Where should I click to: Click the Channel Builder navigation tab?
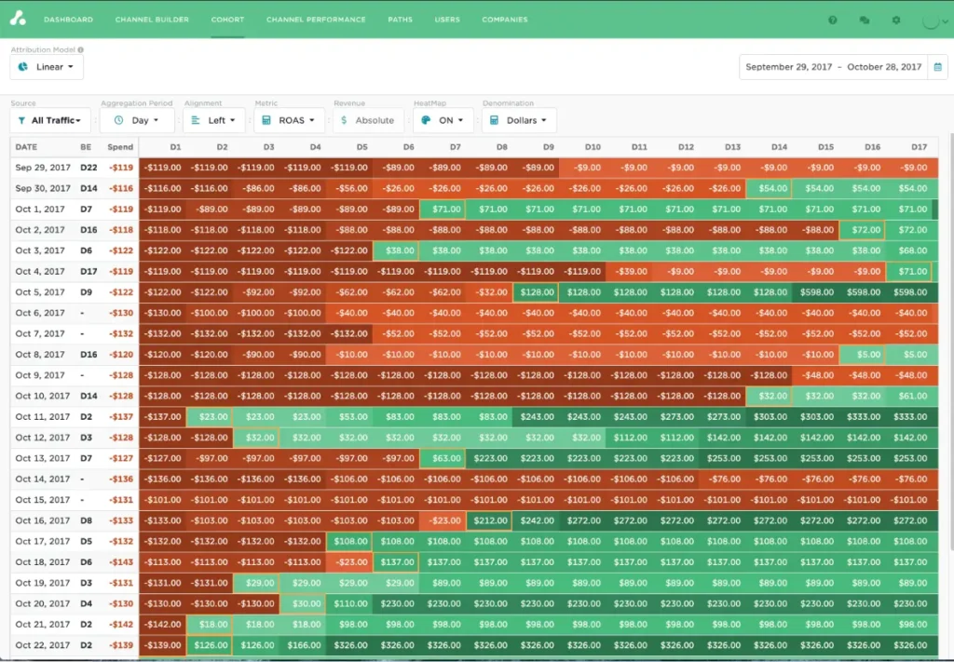pos(152,20)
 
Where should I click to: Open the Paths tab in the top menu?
pos(400,20)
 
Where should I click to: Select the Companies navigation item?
pos(505,20)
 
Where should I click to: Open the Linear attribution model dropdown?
pos(47,67)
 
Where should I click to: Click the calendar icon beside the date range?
pos(937,67)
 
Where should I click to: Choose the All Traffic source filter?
pos(50,120)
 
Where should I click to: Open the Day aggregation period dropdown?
pos(137,120)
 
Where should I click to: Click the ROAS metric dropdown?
pos(290,120)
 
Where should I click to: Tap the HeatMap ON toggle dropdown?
pos(443,120)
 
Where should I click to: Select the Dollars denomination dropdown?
pos(519,120)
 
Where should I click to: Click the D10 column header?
pos(593,147)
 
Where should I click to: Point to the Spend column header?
pos(120,147)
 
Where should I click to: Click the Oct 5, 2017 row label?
pos(40,292)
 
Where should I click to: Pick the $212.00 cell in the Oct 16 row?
pos(489,521)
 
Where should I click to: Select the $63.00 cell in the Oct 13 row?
pos(443,459)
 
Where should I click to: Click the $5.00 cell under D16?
pos(862,355)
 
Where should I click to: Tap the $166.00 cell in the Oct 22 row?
pos(303,646)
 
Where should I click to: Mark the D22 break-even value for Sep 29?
pos(89,168)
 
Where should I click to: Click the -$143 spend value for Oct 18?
pos(121,562)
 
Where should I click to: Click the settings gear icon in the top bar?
pos(896,20)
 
